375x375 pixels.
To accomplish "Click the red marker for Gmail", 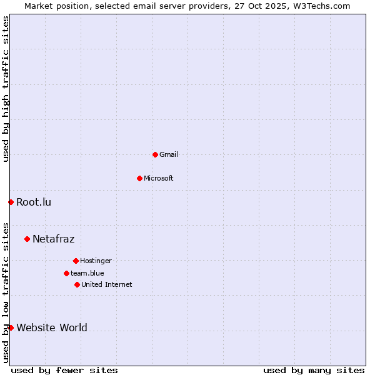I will (x=155, y=154).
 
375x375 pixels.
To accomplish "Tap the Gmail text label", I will (x=169, y=154).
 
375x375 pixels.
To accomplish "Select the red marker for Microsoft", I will (x=139, y=178).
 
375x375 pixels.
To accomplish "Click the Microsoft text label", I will (x=159, y=178).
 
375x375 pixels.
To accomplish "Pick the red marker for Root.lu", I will (x=11, y=202).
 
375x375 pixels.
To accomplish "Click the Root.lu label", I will (x=34, y=202).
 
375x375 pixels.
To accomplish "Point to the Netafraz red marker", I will (x=27, y=239).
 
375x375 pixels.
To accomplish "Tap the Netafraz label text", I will (x=53, y=239).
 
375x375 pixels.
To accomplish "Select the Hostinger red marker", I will (x=76, y=261).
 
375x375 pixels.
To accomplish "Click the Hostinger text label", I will (x=96, y=261).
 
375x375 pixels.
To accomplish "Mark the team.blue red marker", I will (x=66, y=273).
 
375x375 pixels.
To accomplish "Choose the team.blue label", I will (x=87, y=273).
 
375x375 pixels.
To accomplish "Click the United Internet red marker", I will (x=77, y=284).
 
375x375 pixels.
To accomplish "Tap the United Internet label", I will (x=107, y=284).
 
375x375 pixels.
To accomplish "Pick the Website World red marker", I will (x=11, y=327).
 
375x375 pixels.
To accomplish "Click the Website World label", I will (x=52, y=327).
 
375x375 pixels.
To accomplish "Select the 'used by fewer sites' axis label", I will (x=64, y=370).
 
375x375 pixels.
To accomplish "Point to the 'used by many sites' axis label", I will (x=314, y=370).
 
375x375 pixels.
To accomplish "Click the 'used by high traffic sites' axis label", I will (x=6, y=89).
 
